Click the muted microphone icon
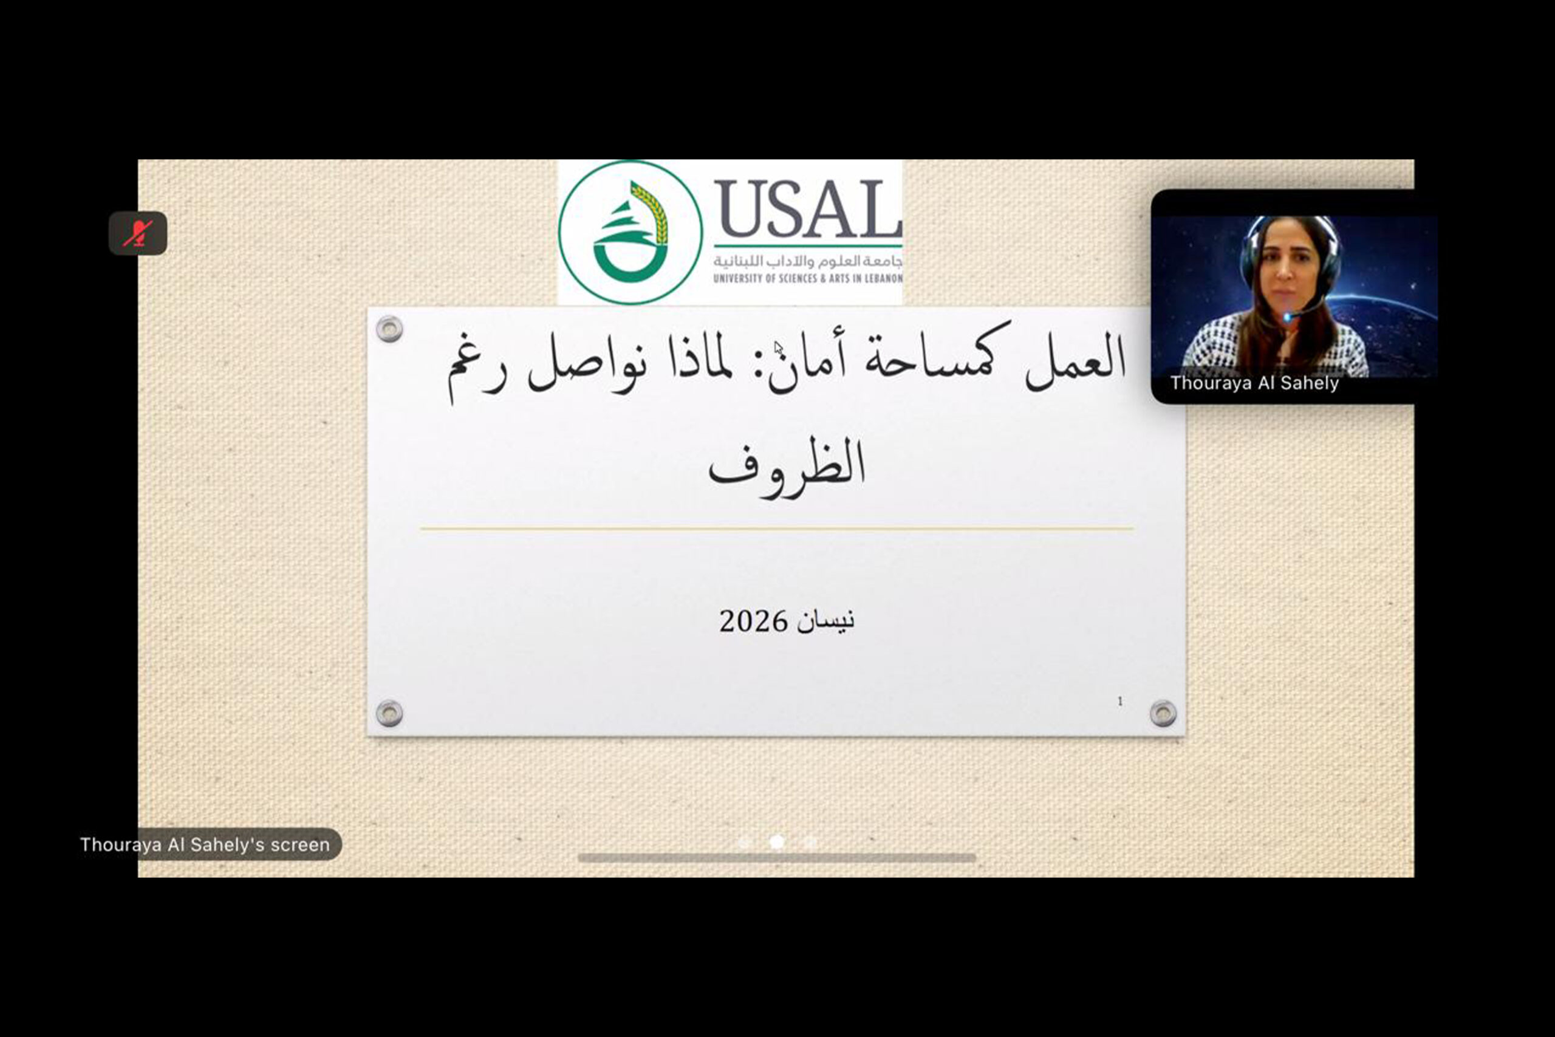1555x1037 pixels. tap(137, 233)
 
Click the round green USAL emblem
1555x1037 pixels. tap(630, 232)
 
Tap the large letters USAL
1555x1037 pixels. tap(808, 209)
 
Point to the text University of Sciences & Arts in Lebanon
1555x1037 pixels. tap(808, 278)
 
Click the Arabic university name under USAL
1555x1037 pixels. tap(808, 261)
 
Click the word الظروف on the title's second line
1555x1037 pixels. tap(786, 464)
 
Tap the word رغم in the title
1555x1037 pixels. tap(477, 367)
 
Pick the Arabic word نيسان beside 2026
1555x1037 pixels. tap(825, 620)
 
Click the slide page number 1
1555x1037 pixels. tap(1120, 701)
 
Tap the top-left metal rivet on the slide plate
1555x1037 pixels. tap(389, 329)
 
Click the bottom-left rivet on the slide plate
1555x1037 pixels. tap(389, 714)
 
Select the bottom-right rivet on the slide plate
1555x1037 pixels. tap(1163, 714)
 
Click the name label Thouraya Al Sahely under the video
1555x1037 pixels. tap(1254, 383)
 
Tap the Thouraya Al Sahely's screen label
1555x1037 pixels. tap(205, 844)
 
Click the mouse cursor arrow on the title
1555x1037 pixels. tap(778, 348)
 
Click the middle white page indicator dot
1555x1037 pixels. tap(777, 842)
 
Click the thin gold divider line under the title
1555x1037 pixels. tap(777, 529)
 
